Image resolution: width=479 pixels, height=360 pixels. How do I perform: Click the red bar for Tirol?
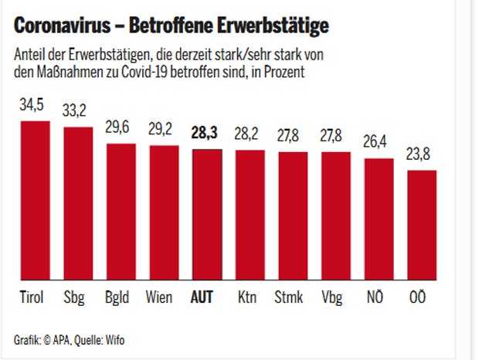(35, 201)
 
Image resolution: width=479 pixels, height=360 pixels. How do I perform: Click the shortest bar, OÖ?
(422, 225)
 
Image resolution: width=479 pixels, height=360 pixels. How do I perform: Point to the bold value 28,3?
(204, 132)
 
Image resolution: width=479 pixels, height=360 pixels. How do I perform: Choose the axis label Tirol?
(31, 297)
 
